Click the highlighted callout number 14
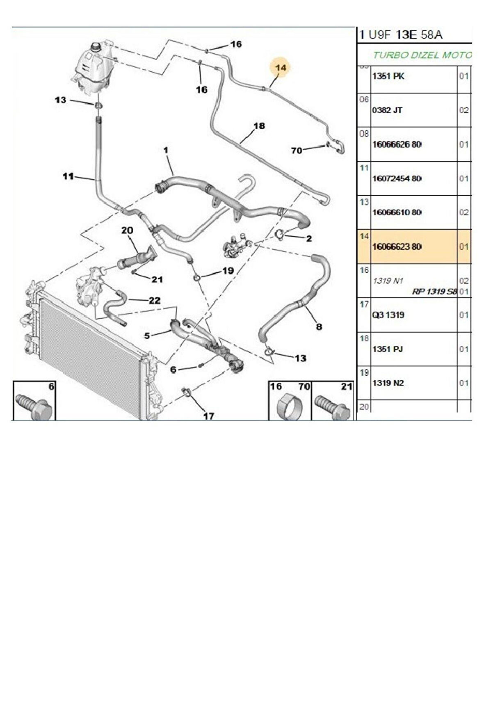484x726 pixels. pos(281,67)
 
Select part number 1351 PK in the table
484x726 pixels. pos(388,76)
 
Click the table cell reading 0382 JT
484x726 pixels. pos(387,110)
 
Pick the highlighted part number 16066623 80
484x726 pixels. pos(397,247)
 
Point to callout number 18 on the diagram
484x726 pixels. pos(259,126)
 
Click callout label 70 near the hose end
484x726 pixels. pos(297,151)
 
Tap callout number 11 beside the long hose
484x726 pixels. pos(68,176)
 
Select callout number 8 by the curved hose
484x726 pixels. pos(319,326)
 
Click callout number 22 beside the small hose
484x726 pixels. pos(154,301)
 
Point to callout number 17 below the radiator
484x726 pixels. pos(208,416)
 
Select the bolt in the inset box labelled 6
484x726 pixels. pos(34,407)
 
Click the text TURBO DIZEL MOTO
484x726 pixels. pos(422,55)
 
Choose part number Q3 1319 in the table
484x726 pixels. pos(388,315)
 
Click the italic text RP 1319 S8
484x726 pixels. pos(434,292)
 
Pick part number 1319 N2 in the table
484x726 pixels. pos(388,383)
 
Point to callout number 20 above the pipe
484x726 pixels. pos(127,231)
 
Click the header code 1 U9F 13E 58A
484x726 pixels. pos(401,35)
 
